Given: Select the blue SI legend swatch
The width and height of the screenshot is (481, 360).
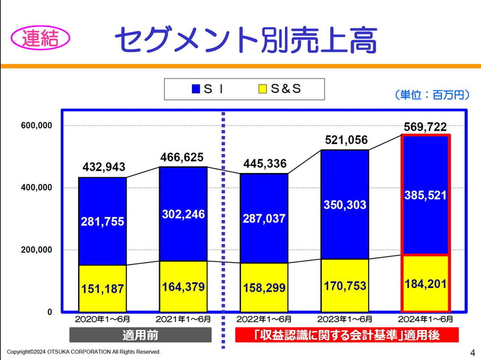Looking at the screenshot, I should tap(195, 89).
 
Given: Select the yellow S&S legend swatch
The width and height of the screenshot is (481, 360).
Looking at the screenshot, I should tap(262, 89).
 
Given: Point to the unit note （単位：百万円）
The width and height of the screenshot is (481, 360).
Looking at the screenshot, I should tap(431, 94).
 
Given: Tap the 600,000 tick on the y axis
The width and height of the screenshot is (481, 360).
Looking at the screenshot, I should tap(37, 126).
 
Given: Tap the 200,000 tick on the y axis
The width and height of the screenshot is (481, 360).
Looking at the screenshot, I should tap(37, 249).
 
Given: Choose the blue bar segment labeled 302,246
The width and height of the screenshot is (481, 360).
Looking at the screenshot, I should tap(183, 213).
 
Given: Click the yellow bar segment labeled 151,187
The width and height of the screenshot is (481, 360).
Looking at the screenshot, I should tap(102, 288).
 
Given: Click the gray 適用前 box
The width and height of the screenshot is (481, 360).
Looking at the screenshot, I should tap(141, 335).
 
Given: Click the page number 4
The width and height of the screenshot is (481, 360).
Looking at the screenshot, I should tap(471, 351).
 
